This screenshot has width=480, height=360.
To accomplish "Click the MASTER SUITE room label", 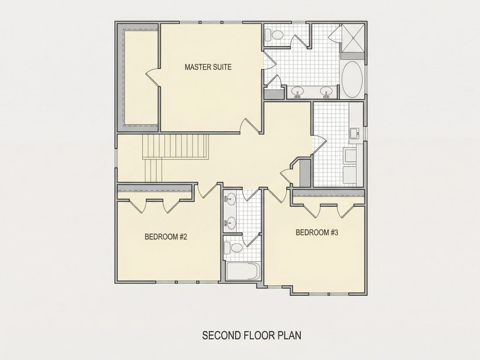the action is tap(208, 67).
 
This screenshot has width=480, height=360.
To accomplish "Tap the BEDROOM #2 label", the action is tap(166, 237).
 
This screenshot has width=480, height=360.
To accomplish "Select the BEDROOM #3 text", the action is tap(317, 232).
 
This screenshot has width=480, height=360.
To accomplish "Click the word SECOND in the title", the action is tap(221, 335).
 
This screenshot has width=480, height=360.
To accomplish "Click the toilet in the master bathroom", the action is tap(274, 34).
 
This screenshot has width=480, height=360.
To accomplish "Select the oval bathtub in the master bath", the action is tap(352, 79).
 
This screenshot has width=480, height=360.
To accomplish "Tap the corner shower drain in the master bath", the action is tap(354, 38).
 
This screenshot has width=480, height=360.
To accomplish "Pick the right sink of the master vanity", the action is tap(327, 92).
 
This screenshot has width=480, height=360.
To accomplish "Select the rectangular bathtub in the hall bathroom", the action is tap(243, 271).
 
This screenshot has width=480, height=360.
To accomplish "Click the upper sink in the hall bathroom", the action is tap(230, 199).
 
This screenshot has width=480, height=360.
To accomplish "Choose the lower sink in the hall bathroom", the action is tap(230, 223).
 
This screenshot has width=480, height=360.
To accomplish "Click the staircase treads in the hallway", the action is tap(176, 147).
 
